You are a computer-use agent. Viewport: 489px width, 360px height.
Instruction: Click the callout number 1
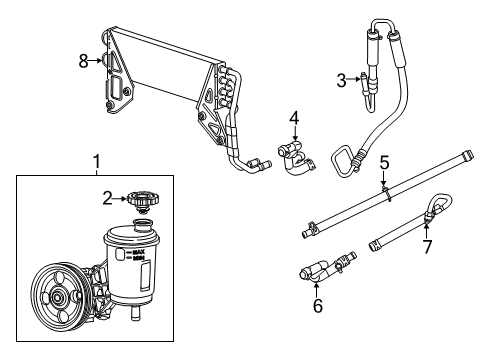point(96,160)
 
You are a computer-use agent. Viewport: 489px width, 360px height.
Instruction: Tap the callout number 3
point(342,80)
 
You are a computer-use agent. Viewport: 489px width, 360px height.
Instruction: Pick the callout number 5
point(384,161)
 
